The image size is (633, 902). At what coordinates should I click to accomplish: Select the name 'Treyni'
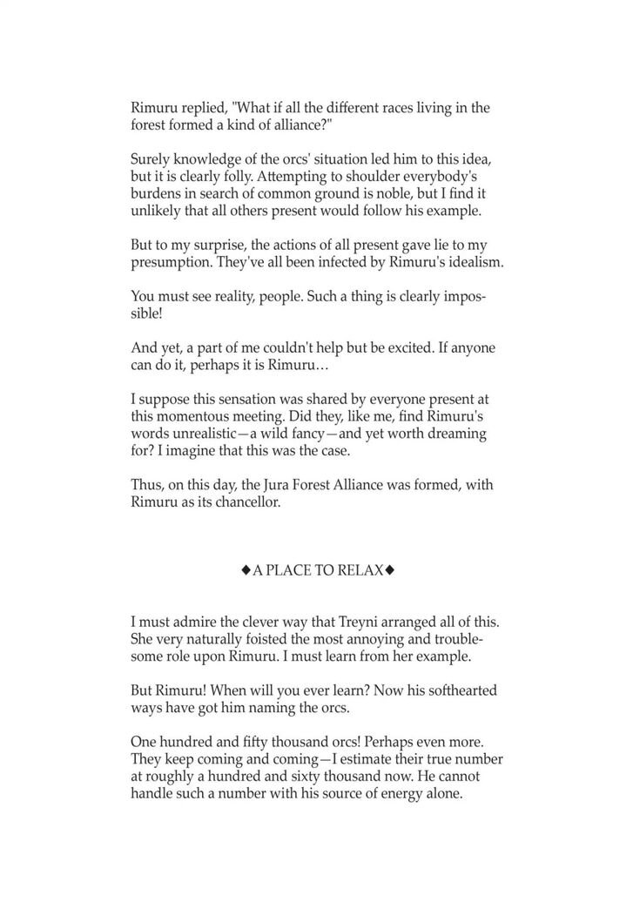click(x=347, y=623)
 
